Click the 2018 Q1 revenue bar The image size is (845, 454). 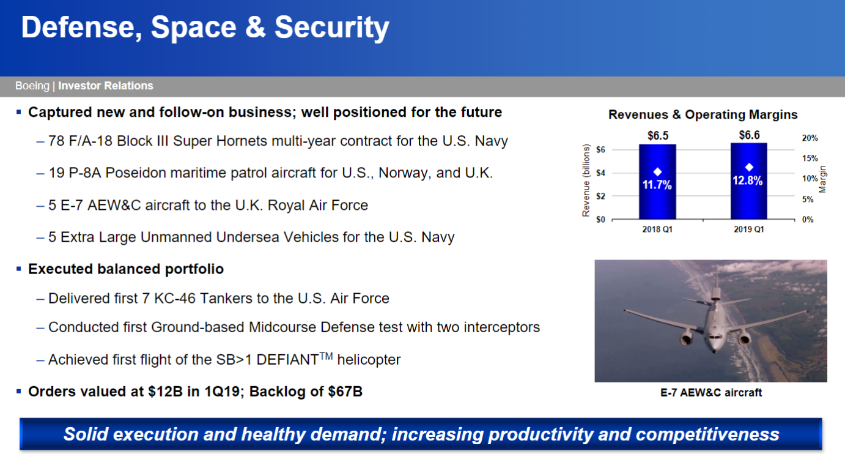[x=657, y=182]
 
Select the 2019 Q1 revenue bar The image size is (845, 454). [x=749, y=180]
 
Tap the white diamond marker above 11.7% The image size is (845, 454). [x=657, y=172]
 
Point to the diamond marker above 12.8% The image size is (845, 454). [x=749, y=167]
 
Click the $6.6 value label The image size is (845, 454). [x=749, y=135]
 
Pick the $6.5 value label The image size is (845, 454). [x=658, y=135]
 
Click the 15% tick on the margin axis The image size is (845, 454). [x=810, y=158]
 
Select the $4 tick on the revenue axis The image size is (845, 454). [x=600, y=173]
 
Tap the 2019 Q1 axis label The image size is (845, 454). [x=749, y=229]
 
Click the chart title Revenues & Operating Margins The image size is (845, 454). [x=703, y=114]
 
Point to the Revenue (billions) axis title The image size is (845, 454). [x=586, y=180]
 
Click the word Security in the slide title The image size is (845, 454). [x=331, y=28]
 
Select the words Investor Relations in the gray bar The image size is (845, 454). [x=106, y=86]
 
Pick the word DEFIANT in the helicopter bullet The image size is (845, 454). [x=288, y=360]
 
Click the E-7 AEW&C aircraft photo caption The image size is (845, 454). [x=711, y=393]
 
